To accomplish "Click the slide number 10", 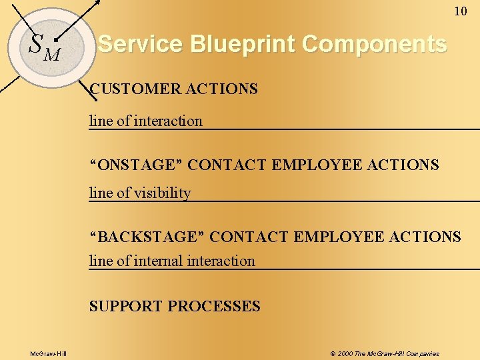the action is point(461,11).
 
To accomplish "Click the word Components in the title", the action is point(374,44).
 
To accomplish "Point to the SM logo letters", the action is point(44,46).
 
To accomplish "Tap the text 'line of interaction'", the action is point(146,121).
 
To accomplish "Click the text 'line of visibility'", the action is point(140,193).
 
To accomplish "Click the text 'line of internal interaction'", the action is point(172,261).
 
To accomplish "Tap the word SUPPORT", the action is point(126,307).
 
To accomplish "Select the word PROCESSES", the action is point(214,307).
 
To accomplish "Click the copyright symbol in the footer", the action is point(333,353).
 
